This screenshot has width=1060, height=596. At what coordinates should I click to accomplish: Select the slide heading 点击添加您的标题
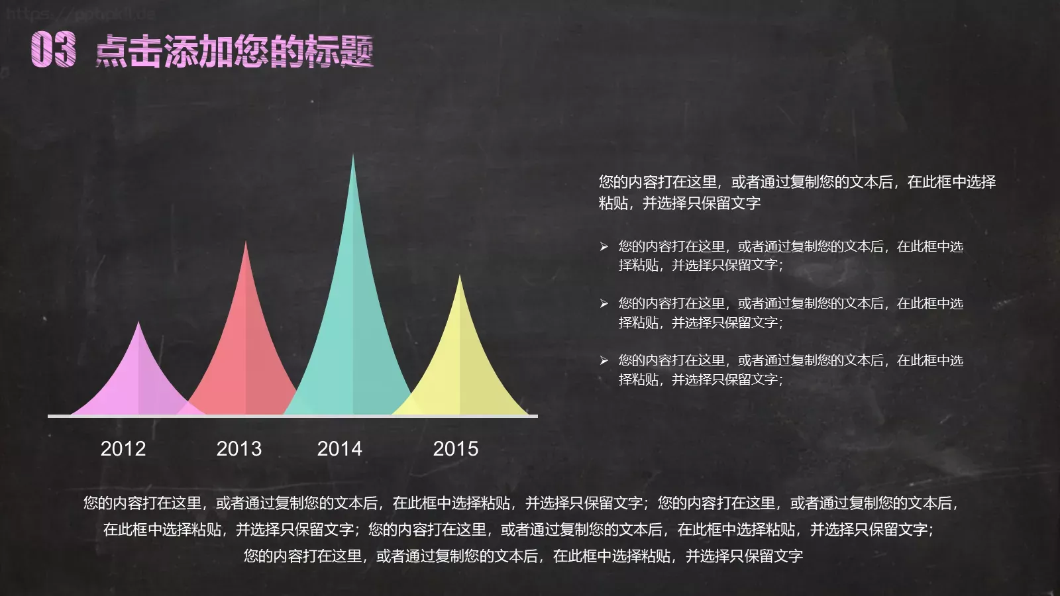click(235, 52)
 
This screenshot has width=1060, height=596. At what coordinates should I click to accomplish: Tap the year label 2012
click(123, 449)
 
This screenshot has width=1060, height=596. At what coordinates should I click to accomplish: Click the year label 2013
click(238, 449)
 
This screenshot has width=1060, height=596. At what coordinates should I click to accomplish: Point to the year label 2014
click(339, 449)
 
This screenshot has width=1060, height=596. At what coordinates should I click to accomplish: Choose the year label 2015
click(455, 449)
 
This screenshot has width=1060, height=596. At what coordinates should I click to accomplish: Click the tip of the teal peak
click(352, 157)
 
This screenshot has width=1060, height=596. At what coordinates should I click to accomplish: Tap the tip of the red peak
click(246, 244)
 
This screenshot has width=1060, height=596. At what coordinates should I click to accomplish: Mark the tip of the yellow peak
click(459, 277)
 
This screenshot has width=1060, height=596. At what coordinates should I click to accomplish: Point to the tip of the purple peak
click(138, 324)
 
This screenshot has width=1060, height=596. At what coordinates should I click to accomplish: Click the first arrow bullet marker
click(604, 247)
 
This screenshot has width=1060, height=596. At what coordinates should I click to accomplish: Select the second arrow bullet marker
click(604, 304)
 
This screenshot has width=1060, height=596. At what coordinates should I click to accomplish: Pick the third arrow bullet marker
click(604, 361)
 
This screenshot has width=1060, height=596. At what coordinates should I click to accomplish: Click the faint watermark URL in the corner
click(79, 13)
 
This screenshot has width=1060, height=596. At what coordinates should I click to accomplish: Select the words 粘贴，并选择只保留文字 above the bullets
click(679, 203)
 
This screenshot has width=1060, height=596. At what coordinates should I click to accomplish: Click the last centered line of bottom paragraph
click(523, 556)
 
